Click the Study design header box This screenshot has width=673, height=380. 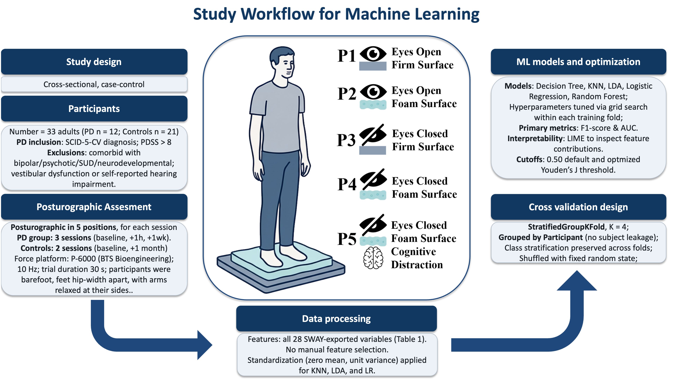94,62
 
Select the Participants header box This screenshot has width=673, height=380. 94,109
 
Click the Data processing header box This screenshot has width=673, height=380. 336,319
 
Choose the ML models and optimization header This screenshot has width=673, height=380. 578,62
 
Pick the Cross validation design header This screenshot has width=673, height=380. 578,207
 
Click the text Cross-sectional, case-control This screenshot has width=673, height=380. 94,84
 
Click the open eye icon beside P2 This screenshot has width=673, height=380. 373,91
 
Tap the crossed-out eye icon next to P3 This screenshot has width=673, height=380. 373,135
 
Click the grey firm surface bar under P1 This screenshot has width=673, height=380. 372,66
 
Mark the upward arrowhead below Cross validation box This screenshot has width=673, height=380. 577,281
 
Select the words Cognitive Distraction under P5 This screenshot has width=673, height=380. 417,258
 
